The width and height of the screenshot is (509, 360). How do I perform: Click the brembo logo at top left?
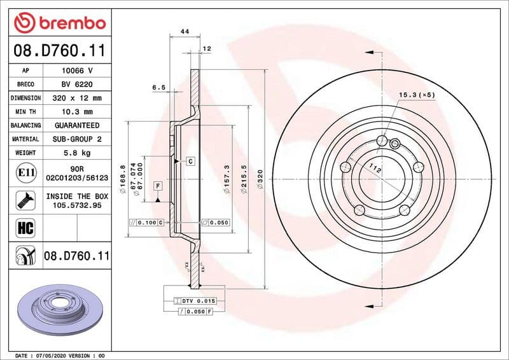pyautogui.click(x=59, y=23)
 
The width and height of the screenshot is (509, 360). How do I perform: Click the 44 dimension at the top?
pyautogui.click(x=185, y=31)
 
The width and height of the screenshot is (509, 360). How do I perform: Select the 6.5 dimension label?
pyautogui.click(x=158, y=87)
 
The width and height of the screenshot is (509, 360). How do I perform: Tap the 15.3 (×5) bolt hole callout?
pyautogui.click(x=417, y=95)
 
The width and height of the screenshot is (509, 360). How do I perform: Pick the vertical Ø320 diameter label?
pyautogui.click(x=260, y=180)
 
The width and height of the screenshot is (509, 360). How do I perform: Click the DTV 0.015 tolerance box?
pyautogui.click(x=195, y=300)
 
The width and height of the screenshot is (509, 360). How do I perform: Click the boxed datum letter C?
pyautogui.click(x=190, y=162)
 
